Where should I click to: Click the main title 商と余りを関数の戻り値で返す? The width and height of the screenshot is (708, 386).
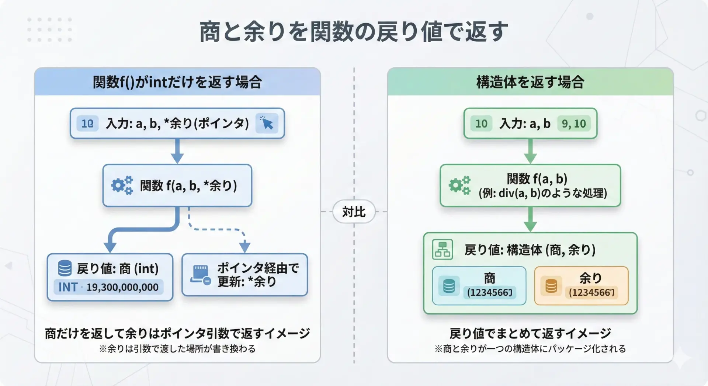[x=353, y=32]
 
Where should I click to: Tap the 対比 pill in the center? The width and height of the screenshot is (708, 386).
[x=354, y=212]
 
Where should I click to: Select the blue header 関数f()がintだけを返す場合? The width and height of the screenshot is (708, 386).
[x=177, y=82]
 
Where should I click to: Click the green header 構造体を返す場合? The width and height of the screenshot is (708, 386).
[x=530, y=82]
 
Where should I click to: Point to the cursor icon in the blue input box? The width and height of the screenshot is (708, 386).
[x=267, y=123]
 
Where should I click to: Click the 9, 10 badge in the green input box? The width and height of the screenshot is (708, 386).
[x=573, y=124]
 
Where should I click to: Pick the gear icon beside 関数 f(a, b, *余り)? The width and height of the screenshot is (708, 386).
[x=122, y=185]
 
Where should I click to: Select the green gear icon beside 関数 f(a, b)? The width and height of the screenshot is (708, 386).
[x=459, y=185]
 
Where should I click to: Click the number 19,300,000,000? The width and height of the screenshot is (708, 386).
[x=122, y=287]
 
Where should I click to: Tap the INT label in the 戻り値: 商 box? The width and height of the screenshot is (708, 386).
[x=68, y=287]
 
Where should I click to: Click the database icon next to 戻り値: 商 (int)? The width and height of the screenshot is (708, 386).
[x=65, y=268]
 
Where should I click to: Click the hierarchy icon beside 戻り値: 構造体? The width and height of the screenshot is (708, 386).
[x=442, y=250]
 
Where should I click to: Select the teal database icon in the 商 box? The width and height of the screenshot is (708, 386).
[x=449, y=286]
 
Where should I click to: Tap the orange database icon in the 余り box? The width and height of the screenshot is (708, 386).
[x=551, y=286]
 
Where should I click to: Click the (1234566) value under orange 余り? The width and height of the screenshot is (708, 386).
[x=591, y=292]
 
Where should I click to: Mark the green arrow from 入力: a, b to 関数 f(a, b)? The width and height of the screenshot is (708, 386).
[x=530, y=151]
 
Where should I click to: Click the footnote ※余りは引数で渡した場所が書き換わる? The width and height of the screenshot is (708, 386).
[x=177, y=349]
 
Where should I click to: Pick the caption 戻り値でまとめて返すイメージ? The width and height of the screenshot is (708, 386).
[x=530, y=333]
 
